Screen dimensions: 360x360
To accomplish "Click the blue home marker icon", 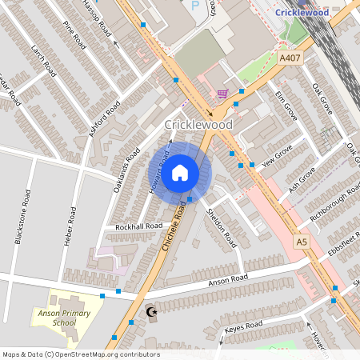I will click(180, 173).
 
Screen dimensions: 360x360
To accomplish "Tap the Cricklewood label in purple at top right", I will click(302, 12).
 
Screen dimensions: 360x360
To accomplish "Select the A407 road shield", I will click(290, 58).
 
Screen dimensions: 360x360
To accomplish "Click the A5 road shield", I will click(302, 241).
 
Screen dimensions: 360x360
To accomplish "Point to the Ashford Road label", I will click(105, 119).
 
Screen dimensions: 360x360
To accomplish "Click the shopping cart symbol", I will click(222, 94).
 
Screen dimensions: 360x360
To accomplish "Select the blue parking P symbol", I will click(194, 6).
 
